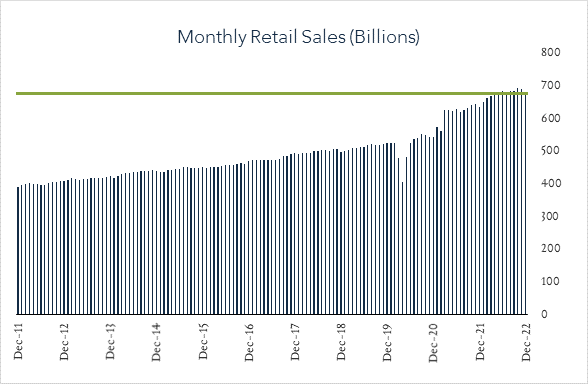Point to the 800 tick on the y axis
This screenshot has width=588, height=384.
coord(549,52)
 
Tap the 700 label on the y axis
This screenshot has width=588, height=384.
coord(549,85)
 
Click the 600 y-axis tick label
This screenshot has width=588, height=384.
coord(549,118)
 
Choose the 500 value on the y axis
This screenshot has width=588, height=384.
coord(549,151)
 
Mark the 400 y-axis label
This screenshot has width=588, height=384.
coord(549,184)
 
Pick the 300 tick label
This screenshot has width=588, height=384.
coord(549,216)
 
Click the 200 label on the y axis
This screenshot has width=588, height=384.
coord(549,249)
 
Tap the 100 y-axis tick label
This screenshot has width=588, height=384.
coord(549,282)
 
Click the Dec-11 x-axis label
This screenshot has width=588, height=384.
coord(19,343)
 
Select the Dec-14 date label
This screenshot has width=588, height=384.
coord(157,343)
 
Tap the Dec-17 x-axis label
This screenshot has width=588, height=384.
coord(296,343)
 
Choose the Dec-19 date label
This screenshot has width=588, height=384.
coord(388,343)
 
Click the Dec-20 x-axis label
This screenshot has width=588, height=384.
coord(435,343)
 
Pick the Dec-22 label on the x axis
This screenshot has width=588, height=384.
coord(527,343)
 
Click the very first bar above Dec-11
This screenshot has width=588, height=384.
coord(18,250)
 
